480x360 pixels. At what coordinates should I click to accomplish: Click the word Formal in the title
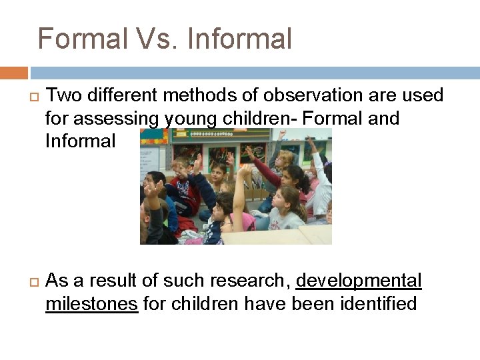[81, 39]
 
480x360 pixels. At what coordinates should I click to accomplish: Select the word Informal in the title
[240, 39]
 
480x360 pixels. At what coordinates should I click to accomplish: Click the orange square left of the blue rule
[13, 73]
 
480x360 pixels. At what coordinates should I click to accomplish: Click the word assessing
[116, 119]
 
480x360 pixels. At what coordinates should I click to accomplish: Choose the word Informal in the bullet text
[80, 141]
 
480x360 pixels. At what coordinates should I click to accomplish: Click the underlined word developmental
[359, 281]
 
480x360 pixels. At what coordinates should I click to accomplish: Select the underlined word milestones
[91, 305]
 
